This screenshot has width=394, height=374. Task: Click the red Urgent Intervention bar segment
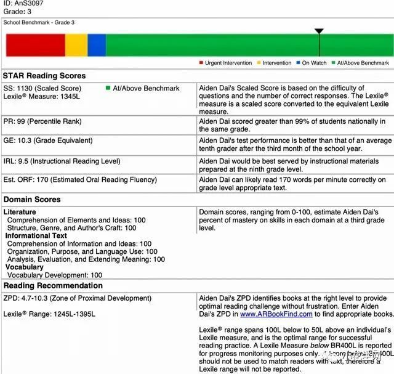[35, 45]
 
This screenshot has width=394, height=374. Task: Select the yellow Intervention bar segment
[76, 45]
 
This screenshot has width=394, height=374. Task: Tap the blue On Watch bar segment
[97, 45]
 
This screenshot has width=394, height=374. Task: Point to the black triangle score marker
[318, 31]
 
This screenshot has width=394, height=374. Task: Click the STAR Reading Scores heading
[45, 76]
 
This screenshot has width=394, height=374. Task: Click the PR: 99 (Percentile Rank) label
[47, 123]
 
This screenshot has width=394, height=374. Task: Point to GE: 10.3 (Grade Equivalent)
[48, 140]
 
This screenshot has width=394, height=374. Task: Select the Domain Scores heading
[32, 200]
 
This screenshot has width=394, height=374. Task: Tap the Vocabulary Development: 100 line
[55, 275]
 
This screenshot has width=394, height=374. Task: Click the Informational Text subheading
[45, 235]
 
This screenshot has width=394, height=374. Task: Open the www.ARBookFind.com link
[271, 314]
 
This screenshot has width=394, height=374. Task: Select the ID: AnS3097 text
[22, 2]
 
